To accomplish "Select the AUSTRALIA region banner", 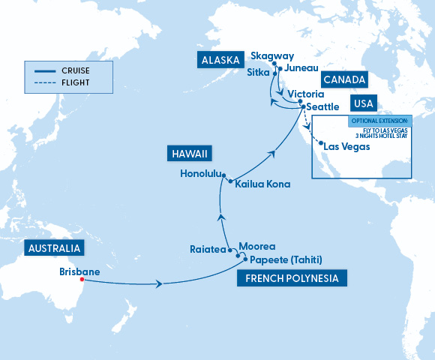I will pyautogui.click(x=54, y=248).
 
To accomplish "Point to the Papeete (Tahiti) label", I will pyautogui.click(x=286, y=260).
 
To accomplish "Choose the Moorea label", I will pyautogui.click(x=257, y=246).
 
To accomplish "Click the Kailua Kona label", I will pyautogui.click(x=262, y=184).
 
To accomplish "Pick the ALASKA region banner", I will pyautogui.click(x=220, y=60).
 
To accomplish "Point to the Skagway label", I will pyautogui.click(x=272, y=56).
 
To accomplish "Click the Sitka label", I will pyautogui.click(x=258, y=73).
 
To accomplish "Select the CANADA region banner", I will pyautogui.click(x=345, y=79).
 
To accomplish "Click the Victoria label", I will pyautogui.click(x=306, y=94).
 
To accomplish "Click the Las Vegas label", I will pyautogui.click(x=346, y=146).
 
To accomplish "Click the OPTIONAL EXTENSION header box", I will pyautogui.click(x=380, y=120).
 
